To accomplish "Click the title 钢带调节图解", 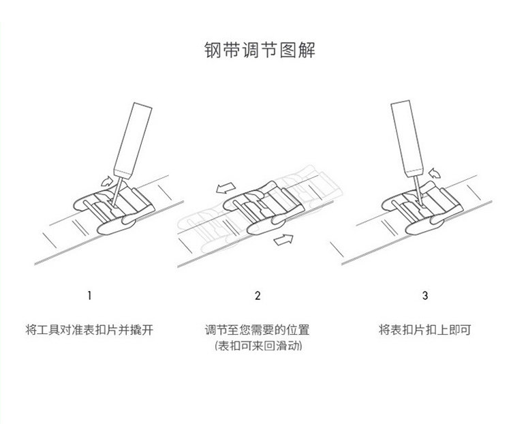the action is [255, 50].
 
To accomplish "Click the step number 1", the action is [89, 296].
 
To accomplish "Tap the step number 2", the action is [257, 296].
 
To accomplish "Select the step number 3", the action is [424, 296].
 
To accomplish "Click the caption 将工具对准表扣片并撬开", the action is [89, 331].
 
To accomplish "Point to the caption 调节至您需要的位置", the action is [257, 331].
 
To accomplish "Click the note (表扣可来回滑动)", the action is [257, 347].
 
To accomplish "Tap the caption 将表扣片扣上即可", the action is [424, 331].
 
